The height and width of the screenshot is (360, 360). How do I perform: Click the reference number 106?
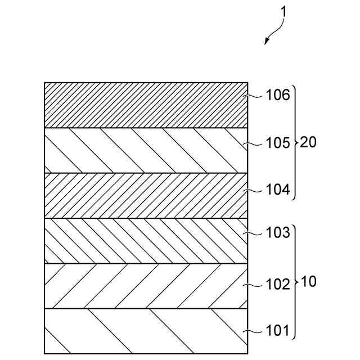coord(278,95)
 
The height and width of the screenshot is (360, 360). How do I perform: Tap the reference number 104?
coord(278,191)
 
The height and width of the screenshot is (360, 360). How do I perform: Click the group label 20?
coord(309,143)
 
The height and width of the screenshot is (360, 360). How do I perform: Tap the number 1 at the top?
coord(283,11)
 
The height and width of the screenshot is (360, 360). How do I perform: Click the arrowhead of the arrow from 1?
coord(267,42)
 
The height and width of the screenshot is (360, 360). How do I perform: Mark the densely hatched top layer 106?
coord(146,105)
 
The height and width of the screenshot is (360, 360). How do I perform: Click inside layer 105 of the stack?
coord(146,150)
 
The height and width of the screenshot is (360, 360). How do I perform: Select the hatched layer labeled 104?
coord(146,195)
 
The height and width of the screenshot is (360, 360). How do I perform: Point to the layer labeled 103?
coord(146,241)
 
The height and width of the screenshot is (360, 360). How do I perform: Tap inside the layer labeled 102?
coord(146,286)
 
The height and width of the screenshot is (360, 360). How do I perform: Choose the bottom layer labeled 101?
coord(146,331)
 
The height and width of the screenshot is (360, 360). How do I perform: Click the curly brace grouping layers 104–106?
coord(295,143)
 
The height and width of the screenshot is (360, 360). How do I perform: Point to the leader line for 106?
coord(256,96)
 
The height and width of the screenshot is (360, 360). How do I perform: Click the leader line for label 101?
coord(256,331)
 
